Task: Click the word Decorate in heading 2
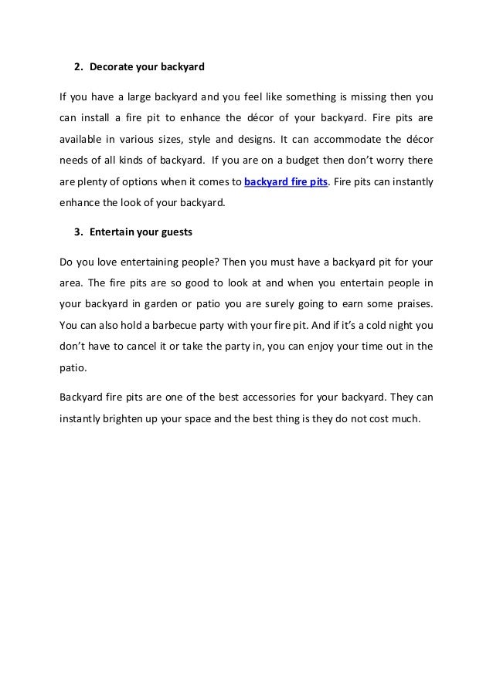point(110,66)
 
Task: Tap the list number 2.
point(77,66)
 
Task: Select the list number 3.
point(77,231)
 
